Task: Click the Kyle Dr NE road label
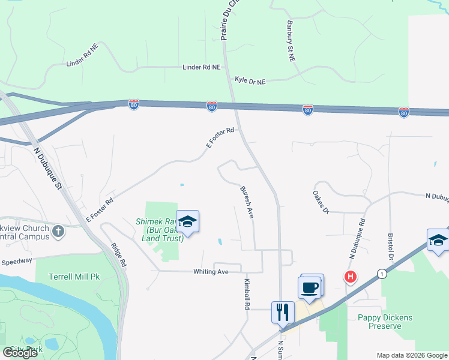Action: point(249,80)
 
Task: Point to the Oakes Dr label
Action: point(321,202)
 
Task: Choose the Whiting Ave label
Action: point(211,272)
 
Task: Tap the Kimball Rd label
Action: point(247,293)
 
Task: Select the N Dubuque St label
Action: point(48,168)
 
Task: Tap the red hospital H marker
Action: point(349,277)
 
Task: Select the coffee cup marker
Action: point(310,287)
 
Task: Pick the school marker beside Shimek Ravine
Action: point(187,222)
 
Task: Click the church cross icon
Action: point(58,231)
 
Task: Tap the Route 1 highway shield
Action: point(382,274)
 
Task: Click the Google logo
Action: point(20,353)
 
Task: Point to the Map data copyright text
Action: point(412,355)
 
